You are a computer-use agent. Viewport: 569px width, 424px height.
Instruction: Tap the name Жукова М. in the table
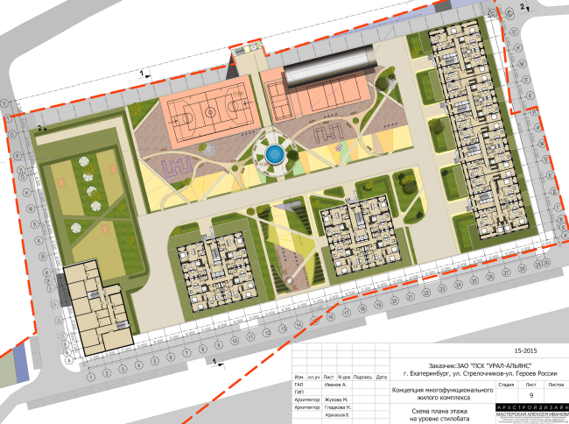coord(339,399)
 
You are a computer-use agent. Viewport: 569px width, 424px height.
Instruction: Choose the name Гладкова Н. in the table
coord(340,408)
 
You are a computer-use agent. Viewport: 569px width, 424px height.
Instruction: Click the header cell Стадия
coord(506,384)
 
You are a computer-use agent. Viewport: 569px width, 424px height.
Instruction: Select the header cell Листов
coord(556,384)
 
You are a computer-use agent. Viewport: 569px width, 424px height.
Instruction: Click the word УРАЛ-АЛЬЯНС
coord(496,364)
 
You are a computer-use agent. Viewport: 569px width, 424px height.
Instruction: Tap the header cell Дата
coord(381,377)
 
